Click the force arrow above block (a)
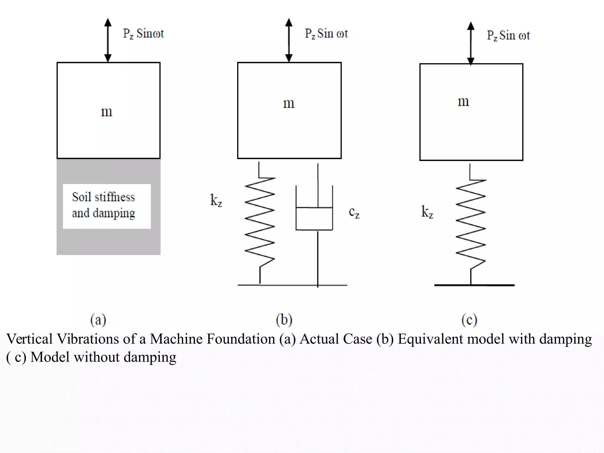pyautogui.click(x=108, y=40)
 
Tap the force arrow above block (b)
pyautogui.click(x=289, y=40)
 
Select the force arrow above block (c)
pyautogui.click(x=471, y=43)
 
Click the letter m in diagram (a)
pyautogui.click(x=106, y=112)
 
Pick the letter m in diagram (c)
pyautogui.click(x=463, y=101)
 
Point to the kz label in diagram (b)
pyautogui.click(x=216, y=201)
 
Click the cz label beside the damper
pyautogui.click(x=354, y=212)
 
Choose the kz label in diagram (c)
pyautogui.click(x=427, y=212)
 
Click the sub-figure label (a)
pyautogui.click(x=98, y=320)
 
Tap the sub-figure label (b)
pyautogui.click(x=284, y=320)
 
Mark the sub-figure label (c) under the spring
pyautogui.click(x=469, y=320)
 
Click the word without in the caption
pyautogui.click(x=96, y=357)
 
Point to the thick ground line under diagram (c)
pyautogui.click(x=474, y=285)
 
